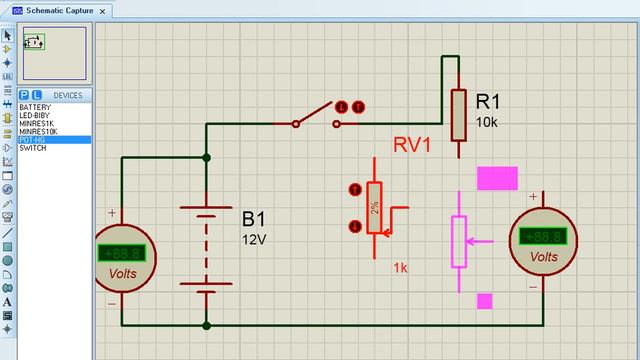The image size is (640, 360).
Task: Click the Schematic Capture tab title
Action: [60, 10]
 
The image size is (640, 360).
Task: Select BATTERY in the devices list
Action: [35, 108]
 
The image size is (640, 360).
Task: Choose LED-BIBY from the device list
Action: [36, 116]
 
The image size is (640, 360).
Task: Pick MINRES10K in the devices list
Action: [39, 132]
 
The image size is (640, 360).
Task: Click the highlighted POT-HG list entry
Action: [32, 140]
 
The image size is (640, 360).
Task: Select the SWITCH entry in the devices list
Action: [33, 148]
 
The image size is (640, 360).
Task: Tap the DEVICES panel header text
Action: [67, 96]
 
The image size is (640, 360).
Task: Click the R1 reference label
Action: [488, 101]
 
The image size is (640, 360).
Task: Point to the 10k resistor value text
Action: [487, 122]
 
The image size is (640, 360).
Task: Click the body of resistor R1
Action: [459, 114]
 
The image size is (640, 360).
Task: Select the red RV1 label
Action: [411, 145]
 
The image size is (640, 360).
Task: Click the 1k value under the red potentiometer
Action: [400, 268]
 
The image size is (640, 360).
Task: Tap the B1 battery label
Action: [254, 218]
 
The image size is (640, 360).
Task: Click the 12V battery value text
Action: [254, 240]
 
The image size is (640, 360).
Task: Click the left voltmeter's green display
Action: [124, 252]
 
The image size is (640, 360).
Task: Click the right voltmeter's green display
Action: [543, 238]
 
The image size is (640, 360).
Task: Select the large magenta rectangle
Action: [497, 179]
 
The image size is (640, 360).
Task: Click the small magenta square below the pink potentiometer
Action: [485, 300]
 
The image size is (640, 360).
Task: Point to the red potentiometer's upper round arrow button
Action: [353, 189]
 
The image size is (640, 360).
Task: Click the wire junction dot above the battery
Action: [207, 157]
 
